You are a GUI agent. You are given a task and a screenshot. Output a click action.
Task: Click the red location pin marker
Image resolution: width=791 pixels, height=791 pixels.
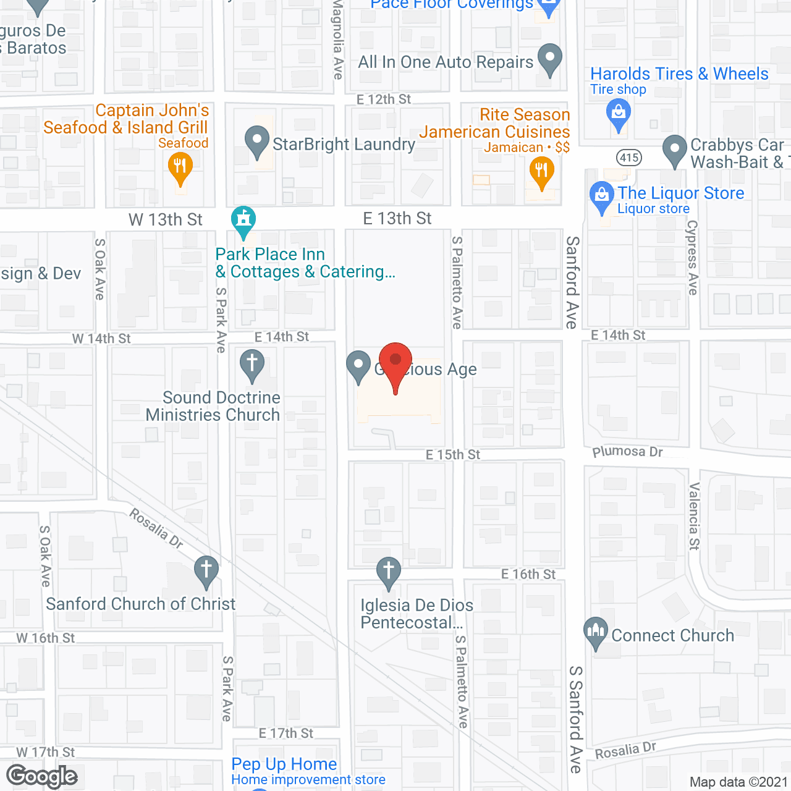point(395,362)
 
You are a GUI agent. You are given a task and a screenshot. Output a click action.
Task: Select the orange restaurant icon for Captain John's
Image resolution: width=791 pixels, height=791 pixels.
point(180,167)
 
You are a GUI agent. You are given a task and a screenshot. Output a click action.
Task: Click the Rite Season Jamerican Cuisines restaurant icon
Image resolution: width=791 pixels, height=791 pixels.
point(541,171)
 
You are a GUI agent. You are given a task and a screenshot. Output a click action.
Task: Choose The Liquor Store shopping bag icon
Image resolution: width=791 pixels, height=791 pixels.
point(601,196)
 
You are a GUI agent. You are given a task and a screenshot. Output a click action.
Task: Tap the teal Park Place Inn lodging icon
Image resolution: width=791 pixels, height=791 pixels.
point(243,220)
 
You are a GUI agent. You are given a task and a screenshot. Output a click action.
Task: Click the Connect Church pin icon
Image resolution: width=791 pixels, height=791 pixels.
point(596,632)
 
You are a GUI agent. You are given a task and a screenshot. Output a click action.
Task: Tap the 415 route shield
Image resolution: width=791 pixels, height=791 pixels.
point(629,158)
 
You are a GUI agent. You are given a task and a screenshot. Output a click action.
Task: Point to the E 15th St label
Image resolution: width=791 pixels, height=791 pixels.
point(452,455)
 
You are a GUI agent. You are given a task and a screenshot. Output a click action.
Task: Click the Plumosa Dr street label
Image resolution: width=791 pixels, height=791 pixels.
point(627,452)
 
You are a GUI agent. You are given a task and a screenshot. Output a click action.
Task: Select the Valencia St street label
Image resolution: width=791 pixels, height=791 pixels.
point(694,516)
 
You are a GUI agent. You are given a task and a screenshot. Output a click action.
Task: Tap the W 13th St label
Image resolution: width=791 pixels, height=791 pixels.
point(166,220)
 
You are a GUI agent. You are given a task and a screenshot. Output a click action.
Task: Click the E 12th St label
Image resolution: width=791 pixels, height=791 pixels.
point(384,99)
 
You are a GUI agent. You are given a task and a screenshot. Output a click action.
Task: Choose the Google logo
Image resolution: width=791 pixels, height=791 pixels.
point(42,776)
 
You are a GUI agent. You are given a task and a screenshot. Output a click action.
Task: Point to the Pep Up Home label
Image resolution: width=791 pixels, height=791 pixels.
point(284,764)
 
